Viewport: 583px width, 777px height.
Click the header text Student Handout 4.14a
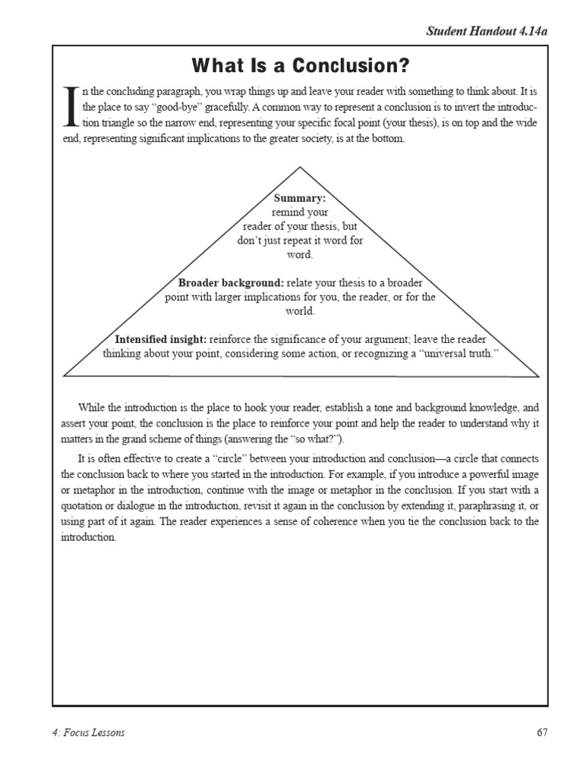(486, 31)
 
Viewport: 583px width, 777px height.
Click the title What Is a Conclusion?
(300, 63)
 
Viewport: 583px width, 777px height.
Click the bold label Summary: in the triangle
(299, 198)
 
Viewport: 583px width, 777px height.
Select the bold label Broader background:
(231, 283)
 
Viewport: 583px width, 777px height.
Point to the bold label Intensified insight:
(160, 339)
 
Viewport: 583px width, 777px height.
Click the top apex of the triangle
(301, 167)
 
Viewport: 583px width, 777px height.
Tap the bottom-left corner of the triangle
(65, 376)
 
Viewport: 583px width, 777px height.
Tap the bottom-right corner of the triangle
(539, 376)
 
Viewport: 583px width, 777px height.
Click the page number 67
(541, 732)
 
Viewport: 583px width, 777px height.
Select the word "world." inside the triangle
(300, 311)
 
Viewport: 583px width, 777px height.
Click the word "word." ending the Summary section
(300, 254)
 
